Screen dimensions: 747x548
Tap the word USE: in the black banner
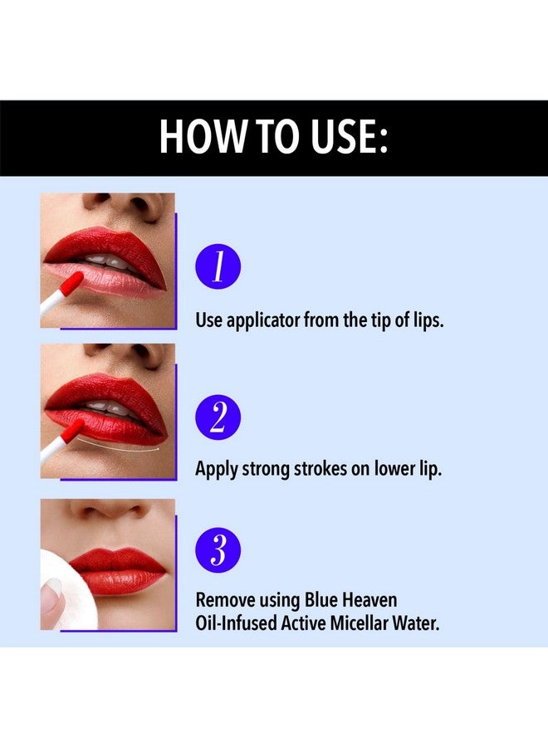coord(346,137)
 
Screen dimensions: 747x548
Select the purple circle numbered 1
coord(218,268)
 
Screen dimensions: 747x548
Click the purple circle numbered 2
coord(218,417)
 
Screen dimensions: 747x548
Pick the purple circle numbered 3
coord(218,549)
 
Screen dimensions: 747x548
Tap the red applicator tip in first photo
coord(72,283)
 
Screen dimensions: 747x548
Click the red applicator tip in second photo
coord(73,429)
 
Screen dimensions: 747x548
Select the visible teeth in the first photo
coord(111,263)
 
